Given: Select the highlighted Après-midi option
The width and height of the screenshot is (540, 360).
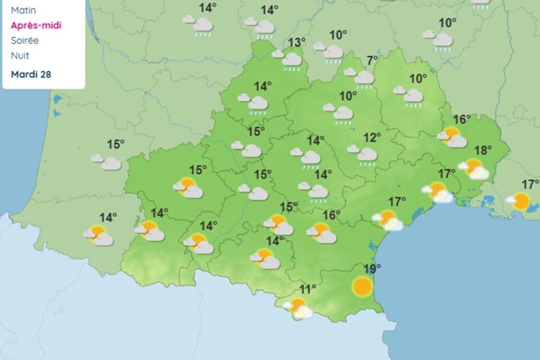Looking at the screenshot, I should pyautogui.click(x=36, y=25).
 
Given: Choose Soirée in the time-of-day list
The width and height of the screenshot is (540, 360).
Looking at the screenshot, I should pyautogui.click(x=25, y=40).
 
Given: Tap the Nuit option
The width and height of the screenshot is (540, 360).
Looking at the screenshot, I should pyautogui.click(x=20, y=56).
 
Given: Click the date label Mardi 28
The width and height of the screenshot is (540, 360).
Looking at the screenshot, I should pyautogui.click(x=31, y=74).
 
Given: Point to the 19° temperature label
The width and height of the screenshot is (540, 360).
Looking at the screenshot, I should pyautogui.click(x=372, y=268).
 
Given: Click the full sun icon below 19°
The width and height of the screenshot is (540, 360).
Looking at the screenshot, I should pyautogui.click(x=362, y=286).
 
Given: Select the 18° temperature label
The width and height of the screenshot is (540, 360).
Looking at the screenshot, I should pyautogui.click(x=483, y=150).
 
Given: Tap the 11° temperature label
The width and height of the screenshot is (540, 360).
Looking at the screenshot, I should pyautogui.click(x=307, y=289).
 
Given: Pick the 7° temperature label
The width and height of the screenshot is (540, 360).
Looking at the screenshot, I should pyautogui.click(x=372, y=60).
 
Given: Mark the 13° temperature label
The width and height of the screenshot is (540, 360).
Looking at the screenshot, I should pyautogui.click(x=297, y=42).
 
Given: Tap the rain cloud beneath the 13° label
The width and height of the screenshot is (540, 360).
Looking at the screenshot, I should pyautogui.click(x=289, y=59).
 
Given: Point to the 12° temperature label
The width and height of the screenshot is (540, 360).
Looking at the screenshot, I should pyautogui.click(x=372, y=137).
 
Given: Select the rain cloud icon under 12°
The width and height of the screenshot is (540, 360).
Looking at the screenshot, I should pyautogui.click(x=364, y=155).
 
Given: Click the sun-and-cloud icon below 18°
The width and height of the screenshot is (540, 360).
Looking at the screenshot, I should pyautogui.click(x=474, y=168).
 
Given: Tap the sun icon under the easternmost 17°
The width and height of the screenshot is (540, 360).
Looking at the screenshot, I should pyautogui.click(x=520, y=201).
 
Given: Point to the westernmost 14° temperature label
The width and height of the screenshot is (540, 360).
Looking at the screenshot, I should pyautogui.click(x=108, y=217).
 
